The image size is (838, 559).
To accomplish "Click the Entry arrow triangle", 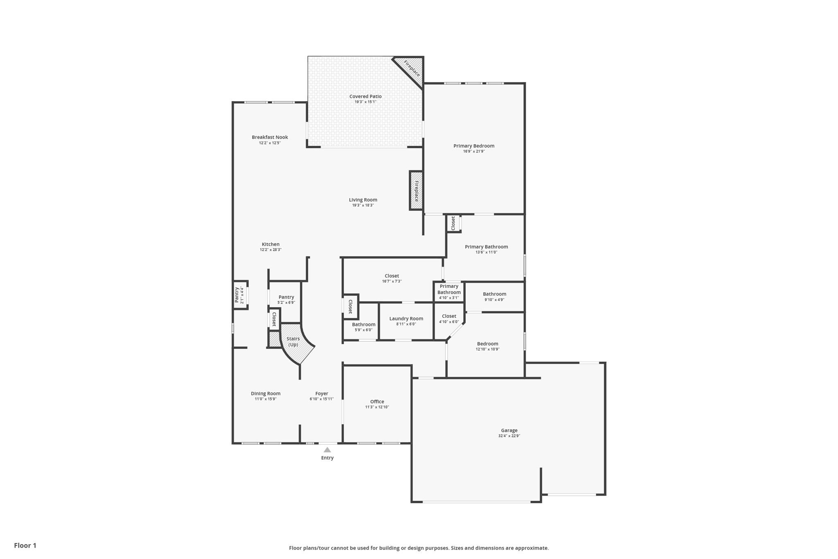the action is [x=327, y=450].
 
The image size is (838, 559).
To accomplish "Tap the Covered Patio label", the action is [x=365, y=97].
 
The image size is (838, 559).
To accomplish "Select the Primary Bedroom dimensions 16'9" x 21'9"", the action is [x=474, y=152].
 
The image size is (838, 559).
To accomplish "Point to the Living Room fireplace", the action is [x=416, y=191].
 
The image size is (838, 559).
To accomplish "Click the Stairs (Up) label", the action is [x=293, y=342].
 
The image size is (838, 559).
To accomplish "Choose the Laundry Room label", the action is [x=406, y=319].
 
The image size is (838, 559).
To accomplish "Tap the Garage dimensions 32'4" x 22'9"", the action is [x=509, y=436].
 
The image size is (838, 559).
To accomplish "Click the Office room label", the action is [x=377, y=402].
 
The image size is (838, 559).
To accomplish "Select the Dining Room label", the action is [x=266, y=394].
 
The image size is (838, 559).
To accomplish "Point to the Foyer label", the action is [x=322, y=394].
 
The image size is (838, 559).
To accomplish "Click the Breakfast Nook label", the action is [x=270, y=137].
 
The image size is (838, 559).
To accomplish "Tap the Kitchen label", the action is [x=270, y=244].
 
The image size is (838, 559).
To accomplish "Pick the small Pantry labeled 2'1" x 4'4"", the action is [x=240, y=295].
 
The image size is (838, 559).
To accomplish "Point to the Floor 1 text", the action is [x=25, y=545].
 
